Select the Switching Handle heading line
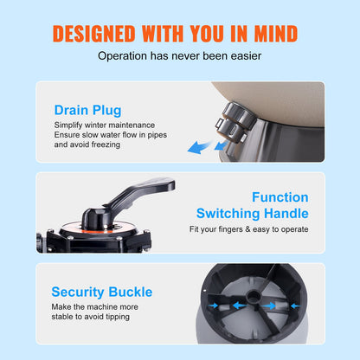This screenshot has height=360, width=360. click(252, 213)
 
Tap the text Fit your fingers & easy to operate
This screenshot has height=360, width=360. click(248, 230)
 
